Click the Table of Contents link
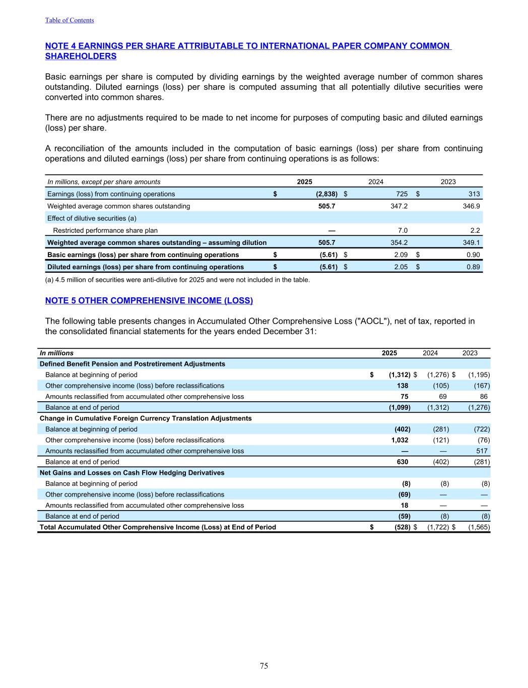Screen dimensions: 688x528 pyautogui.click(x=70, y=20)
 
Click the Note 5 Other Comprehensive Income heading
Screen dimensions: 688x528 pyautogui.click(x=149, y=301)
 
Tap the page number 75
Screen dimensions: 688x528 pyautogui.click(x=264, y=666)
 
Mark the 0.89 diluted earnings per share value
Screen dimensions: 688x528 pyautogui.click(x=473, y=267)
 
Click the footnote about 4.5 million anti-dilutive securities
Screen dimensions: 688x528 pyautogui.click(x=177, y=280)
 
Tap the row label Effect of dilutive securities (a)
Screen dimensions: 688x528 pyautogui.click(x=92, y=218)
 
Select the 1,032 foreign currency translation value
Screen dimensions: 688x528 pyautogui.click(x=400, y=440)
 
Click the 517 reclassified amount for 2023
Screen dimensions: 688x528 pyautogui.click(x=482, y=451)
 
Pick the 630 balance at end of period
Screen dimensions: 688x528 pyautogui.click(x=403, y=462)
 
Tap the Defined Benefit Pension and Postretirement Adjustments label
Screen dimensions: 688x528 pyautogui.click(x=132, y=364)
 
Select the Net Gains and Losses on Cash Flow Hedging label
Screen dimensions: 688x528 pyautogui.click(x=132, y=473)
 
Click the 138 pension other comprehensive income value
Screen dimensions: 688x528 pyautogui.click(x=403, y=386)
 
